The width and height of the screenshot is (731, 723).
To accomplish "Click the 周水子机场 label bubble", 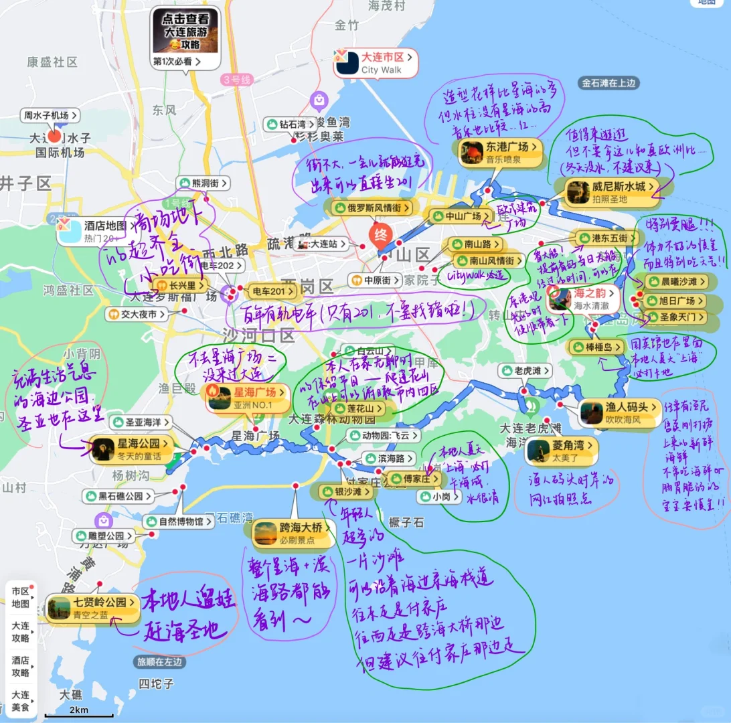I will point(50,115).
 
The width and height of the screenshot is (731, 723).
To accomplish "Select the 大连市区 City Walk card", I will point(376,63).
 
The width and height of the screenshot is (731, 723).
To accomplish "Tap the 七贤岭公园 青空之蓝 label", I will point(93,608).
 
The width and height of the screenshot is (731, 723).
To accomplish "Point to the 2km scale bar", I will point(79,714).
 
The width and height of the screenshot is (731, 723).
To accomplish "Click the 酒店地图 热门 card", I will point(92,231).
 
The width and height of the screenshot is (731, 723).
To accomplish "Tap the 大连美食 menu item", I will point(21,700).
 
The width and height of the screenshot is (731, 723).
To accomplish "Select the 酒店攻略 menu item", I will point(21,665).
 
